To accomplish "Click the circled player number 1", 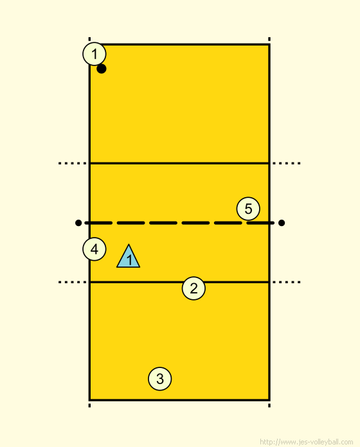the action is coord(94,54).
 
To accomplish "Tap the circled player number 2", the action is coord(194,288).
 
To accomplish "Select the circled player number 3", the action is coord(160,379).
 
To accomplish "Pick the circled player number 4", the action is coord(94,249).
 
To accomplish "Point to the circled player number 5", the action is coord(248,209).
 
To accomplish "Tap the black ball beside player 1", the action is coord(102,69).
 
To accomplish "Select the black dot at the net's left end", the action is coord(78,223).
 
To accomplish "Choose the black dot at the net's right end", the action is coord(282,223).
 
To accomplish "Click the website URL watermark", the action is coord(307,442).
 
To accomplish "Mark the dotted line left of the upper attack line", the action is coord(73,163).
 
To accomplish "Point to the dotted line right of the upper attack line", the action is coord(287,163).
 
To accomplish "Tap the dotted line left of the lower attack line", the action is coord(73,282).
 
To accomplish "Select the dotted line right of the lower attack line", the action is coord(287,282).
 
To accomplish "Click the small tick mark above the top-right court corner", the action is coord(269,39).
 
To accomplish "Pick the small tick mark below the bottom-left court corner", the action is coord(89,405).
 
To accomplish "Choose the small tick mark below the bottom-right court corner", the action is coord(269,405).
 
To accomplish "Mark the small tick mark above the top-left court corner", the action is coord(89,39).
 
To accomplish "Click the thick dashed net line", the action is coord(180,223).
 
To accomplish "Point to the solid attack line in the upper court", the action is coord(179,163).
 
